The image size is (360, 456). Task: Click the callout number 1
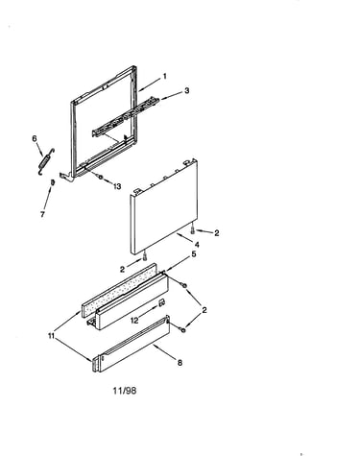click(165, 76)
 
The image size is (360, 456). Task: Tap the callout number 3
click(187, 90)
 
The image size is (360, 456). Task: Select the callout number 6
click(35, 138)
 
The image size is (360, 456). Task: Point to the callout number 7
click(42, 214)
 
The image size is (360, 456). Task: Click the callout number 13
click(117, 186)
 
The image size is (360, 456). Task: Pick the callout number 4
click(197, 245)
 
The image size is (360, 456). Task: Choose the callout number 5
click(194, 254)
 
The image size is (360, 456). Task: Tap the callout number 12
click(134, 320)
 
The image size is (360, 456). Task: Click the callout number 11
click(51, 336)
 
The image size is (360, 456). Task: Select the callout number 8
click(180, 363)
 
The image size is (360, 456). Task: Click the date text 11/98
click(125, 391)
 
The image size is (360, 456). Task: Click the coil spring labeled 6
click(46, 161)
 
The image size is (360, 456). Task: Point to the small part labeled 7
click(53, 182)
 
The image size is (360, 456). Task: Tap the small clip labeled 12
click(161, 302)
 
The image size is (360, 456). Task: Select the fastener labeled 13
click(100, 178)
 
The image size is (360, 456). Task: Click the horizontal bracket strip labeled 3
click(126, 118)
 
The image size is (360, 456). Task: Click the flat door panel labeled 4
click(163, 206)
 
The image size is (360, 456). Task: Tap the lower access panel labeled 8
click(132, 344)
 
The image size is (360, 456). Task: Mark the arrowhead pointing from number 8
click(155, 346)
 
